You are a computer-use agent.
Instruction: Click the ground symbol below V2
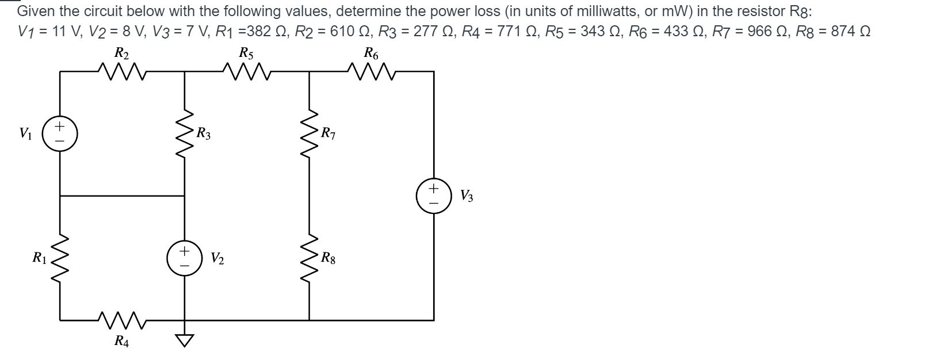[184, 341]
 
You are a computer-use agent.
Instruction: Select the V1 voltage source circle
[60, 134]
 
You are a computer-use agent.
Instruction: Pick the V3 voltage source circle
[434, 196]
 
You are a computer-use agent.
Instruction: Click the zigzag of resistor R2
[122, 71]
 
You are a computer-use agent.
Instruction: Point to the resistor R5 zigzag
[246, 71]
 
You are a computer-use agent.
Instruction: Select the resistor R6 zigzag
[372, 71]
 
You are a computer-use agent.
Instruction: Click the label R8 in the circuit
[329, 258]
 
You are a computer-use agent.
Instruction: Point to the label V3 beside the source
[467, 196]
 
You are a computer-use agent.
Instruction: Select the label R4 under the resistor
[121, 342]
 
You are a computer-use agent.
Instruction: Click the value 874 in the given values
[842, 31]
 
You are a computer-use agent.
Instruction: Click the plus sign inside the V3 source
[434, 188]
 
